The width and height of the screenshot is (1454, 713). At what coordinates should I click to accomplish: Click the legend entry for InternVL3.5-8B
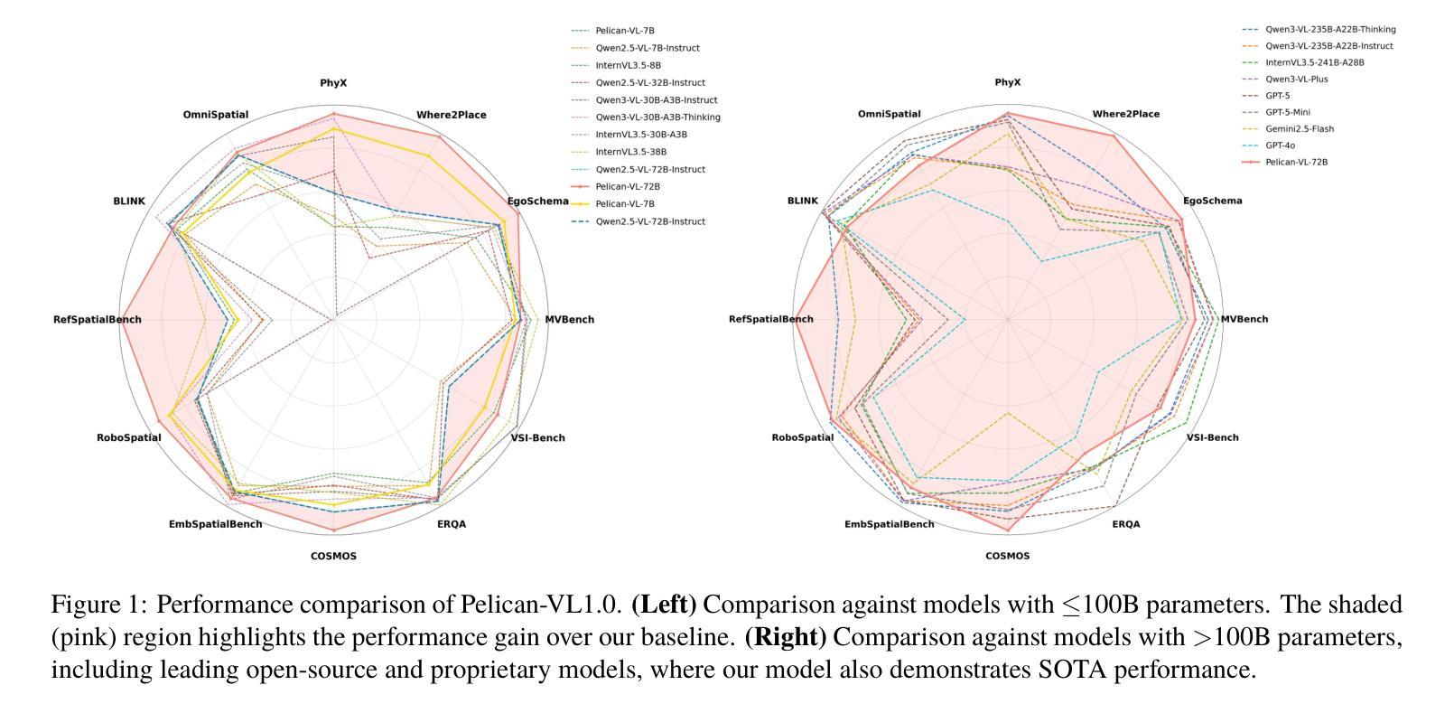pyautogui.click(x=628, y=65)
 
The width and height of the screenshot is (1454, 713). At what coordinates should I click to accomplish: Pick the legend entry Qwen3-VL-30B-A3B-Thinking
pyautogui.click(x=657, y=117)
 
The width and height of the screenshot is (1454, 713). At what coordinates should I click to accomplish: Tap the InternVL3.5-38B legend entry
pyautogui.click(x=630, y=152)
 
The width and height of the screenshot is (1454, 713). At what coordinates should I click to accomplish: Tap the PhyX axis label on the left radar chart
pyautogui.click(x=333, y=83)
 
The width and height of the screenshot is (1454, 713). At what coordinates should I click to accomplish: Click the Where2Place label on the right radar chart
pyautogui.click(x=1125, y=114)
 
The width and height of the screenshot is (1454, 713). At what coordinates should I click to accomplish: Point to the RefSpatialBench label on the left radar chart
pyautogui.click(x=98, y=319)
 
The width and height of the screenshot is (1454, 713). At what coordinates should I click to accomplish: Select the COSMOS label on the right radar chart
pyautogui.click(x=1007, y=556)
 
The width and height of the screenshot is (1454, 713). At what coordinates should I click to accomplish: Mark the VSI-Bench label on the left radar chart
pyautogui.click(x=537, y=438)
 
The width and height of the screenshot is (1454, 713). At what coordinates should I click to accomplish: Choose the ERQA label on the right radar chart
pyautogui.click(x=1125, y=524)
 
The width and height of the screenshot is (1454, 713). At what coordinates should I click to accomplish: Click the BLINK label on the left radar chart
pyautogui.click(x=129, y=201)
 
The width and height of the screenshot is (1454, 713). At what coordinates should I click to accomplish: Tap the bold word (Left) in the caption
pyautogui.click(x=664, y=605)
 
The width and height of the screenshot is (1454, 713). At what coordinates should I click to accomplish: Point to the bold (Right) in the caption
pyautogui.click(x=785, y=637)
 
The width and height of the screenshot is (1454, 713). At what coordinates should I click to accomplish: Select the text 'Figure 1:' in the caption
pyautogui.click(x=99, y=605)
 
